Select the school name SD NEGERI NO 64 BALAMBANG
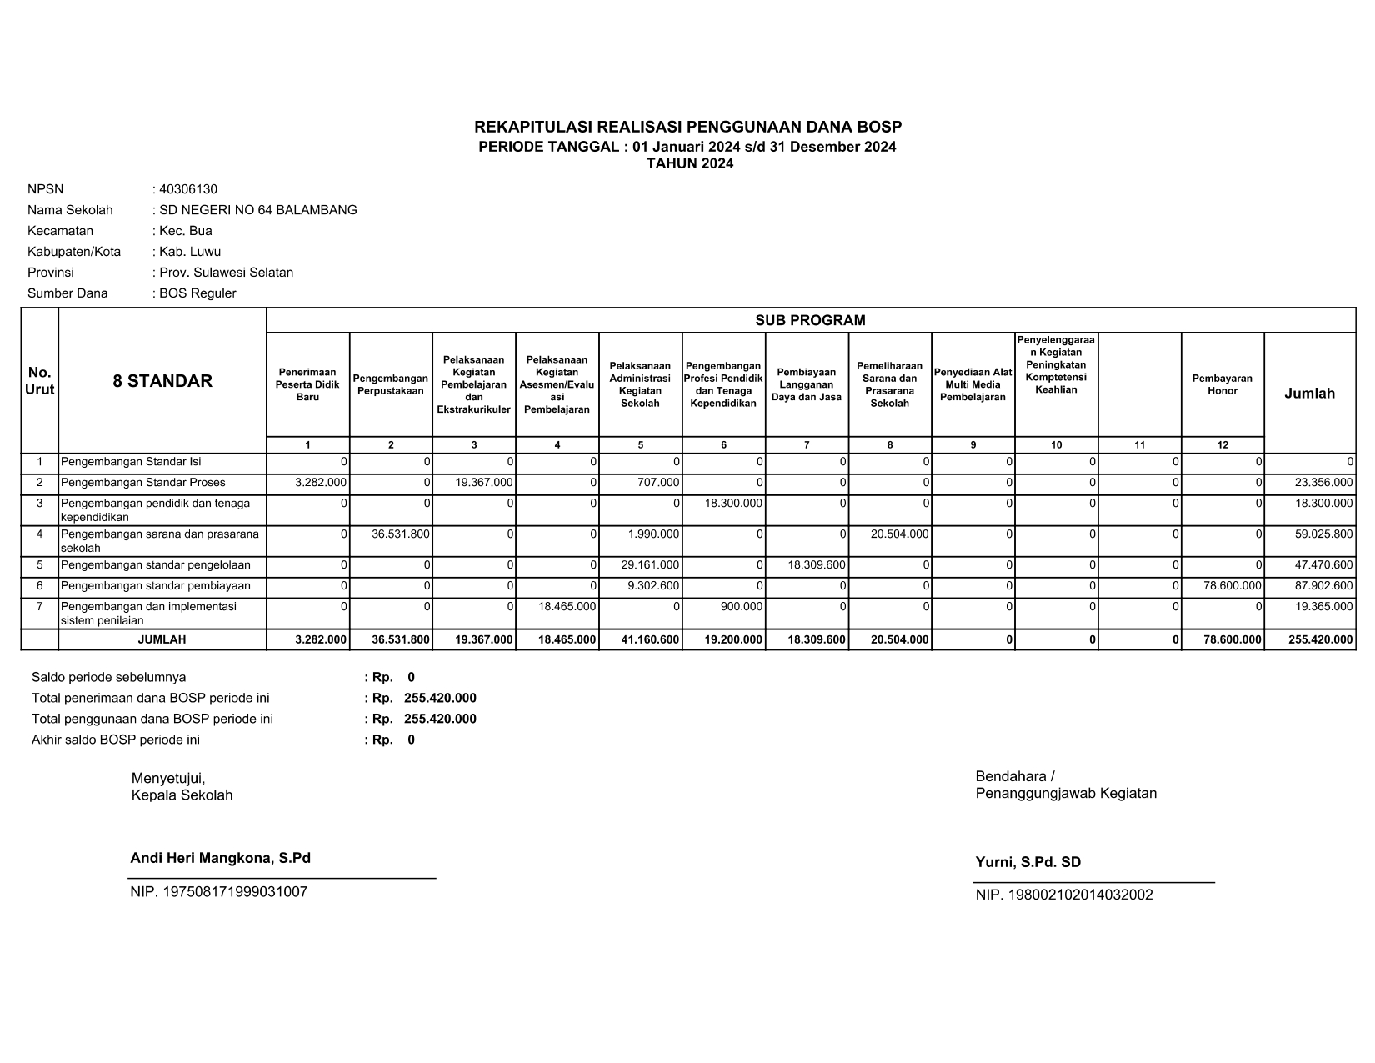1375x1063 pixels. tap(257, 210)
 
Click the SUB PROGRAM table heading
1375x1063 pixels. tap(810, 320)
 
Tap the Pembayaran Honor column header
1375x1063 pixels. tap(1222, 384)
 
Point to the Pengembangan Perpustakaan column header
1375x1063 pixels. tap(391, 384)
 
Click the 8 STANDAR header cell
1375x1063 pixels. tap(162, 381)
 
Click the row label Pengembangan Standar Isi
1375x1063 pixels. tap(131, 462)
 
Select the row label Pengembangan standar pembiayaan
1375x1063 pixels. tap(156, 586)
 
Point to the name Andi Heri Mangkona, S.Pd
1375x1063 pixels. tap(220, 858)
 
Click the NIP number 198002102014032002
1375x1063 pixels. tap(1064, 895)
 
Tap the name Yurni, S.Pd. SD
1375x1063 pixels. tap(1027, 862)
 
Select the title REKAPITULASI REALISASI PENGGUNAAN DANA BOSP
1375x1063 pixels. tap(687, 128)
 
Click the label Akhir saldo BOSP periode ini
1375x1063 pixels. tap(116, 740)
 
